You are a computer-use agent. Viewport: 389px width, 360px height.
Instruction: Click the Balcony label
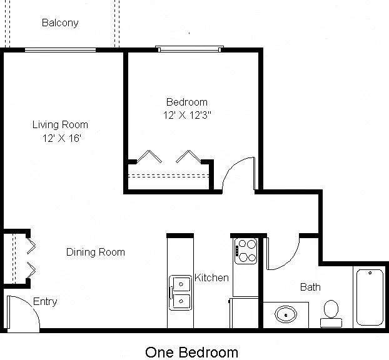(60, 22)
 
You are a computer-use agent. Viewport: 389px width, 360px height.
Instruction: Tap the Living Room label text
(60, 124)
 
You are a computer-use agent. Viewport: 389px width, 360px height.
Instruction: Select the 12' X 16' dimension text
(62, 138)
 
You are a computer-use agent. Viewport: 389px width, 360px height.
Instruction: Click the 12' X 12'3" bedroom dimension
(187, 115)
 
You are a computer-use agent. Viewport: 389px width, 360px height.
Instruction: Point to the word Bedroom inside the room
(187, 102)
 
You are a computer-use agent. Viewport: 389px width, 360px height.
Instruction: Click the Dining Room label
(96, 252)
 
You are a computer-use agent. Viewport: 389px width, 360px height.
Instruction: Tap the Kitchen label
(211, 277)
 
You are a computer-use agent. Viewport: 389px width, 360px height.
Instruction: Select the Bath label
(310, 287)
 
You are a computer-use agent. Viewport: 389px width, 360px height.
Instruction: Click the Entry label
(45, 301)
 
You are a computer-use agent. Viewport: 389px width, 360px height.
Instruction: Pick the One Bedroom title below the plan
(191, 352)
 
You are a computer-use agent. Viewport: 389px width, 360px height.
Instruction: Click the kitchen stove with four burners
(246, 251)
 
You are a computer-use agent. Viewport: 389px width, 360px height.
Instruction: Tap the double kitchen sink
(180, 292)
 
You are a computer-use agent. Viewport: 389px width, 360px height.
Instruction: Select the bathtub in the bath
(370, 297)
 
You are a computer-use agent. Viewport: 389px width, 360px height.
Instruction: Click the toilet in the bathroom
(331, 314)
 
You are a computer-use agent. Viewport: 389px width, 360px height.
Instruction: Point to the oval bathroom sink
(286, 314)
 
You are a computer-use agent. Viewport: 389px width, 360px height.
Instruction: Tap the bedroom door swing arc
(232, 166)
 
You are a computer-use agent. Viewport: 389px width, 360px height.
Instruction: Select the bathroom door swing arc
(290, 262)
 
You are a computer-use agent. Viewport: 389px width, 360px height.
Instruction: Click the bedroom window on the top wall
(189, 49)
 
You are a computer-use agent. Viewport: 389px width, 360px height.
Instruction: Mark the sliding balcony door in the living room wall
(60, 50)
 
